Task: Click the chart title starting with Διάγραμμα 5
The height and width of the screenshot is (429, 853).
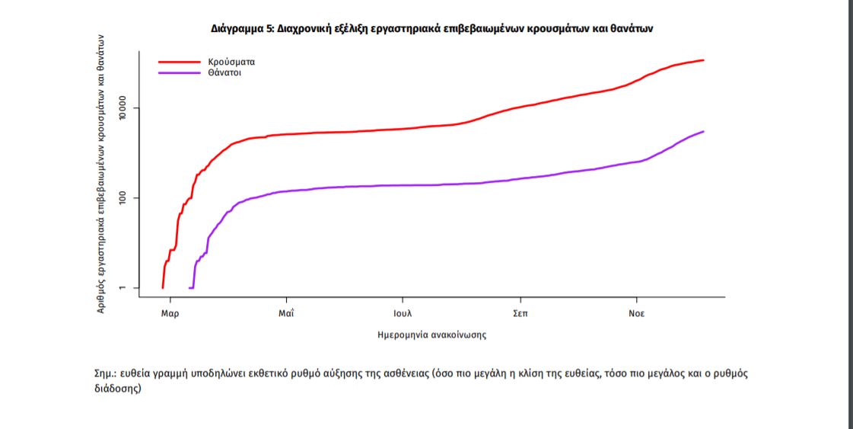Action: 432,28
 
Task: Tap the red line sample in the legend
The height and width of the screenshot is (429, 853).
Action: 178,60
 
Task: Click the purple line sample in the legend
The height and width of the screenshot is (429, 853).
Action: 178,73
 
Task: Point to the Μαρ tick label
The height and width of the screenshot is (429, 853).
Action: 170,314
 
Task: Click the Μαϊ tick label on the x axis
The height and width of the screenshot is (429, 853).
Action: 286,314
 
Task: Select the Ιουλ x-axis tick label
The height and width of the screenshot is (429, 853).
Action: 403,314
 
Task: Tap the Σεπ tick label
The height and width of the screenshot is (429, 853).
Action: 520,314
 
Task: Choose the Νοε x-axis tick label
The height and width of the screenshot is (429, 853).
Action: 636,314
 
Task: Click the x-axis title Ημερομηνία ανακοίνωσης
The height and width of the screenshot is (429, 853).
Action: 431,335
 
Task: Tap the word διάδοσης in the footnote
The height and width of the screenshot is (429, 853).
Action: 115,388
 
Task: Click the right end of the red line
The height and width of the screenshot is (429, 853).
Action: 703,60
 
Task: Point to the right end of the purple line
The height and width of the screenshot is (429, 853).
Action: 703,131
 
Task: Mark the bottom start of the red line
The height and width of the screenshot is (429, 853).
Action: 163,287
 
